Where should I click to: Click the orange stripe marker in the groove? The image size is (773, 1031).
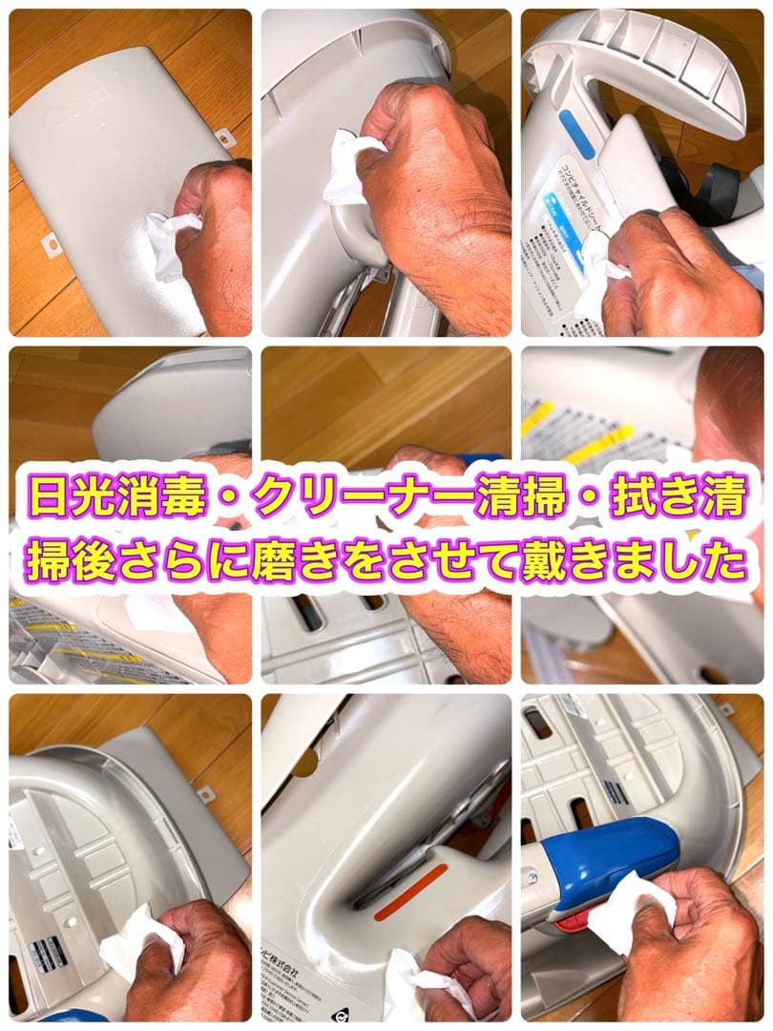[410, 893]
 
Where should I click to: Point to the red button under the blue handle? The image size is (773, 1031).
[571, 919]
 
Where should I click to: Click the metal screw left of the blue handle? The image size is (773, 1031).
[531, 876]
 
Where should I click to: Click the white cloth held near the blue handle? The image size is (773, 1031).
[630, 912]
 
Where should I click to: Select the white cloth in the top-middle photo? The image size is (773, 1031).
[348, 167]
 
